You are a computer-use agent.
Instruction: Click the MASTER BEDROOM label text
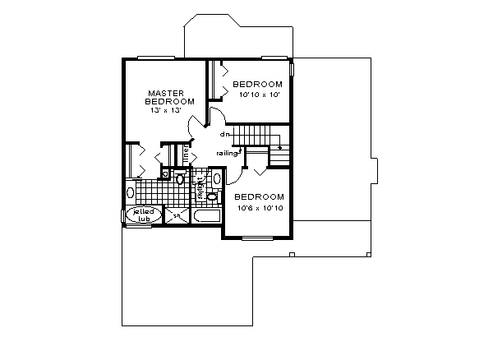170,97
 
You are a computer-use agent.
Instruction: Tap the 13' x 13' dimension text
164,110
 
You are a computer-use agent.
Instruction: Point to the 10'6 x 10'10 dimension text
259,208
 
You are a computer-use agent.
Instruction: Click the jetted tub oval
142,215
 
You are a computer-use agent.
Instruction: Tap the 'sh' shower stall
176,215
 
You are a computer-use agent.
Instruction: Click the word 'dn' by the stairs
223,133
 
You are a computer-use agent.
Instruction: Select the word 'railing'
228,154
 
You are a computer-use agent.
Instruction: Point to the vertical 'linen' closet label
187,155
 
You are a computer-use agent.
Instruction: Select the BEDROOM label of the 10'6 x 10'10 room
259,197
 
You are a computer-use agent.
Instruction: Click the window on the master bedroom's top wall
155,58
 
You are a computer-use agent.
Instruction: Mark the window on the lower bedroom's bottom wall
258,238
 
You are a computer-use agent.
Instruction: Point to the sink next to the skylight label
212,196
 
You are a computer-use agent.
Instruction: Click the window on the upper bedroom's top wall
273,58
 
